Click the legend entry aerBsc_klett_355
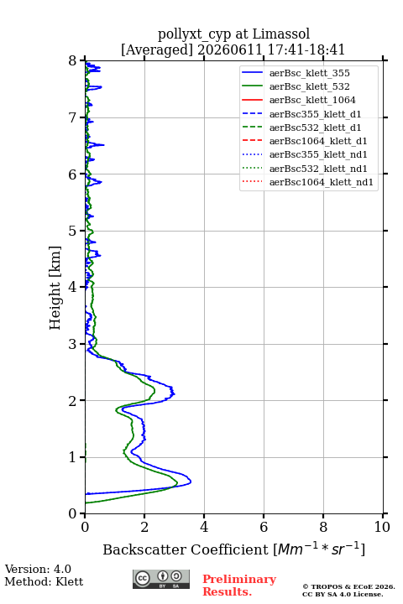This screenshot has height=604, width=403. (x=296, y=73)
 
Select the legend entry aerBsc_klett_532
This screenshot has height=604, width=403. (x=296, y=86)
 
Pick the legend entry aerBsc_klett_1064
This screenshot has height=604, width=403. (x=299, y=100)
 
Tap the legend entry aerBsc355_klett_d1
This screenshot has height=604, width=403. (x=301, y=114)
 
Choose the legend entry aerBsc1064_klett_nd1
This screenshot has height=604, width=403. (x=307, y=182)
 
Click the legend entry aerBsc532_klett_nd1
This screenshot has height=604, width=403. (x=304, y=169)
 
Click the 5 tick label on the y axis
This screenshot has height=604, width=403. (x=73, y=231)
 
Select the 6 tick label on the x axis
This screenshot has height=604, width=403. (x=264, y=527)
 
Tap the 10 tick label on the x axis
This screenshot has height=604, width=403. (x=382, y=527)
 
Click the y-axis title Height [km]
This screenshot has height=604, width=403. (x=55, y=288)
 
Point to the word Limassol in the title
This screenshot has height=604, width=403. (x=280, y=34)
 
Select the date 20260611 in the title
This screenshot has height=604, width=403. (x=229, y=49)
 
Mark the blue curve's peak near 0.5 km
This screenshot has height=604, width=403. (x=191, y=482)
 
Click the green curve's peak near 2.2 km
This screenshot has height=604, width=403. (x=154, y=391)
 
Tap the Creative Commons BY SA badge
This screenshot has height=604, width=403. (x=161, y=579)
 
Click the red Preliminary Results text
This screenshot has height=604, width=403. (x=239, y=586)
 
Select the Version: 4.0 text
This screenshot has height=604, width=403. (x=38, y=569)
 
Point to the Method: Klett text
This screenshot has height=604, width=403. (x=44, y=581)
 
